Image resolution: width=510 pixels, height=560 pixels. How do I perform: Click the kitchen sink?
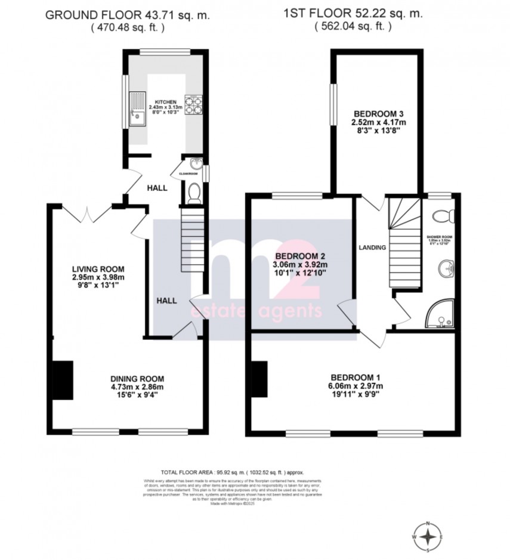click(x=138, y=110)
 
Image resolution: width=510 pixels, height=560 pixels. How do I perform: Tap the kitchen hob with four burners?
click(x=193, y=105)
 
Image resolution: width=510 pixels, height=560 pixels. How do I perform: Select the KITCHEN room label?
click(x=166, y=101)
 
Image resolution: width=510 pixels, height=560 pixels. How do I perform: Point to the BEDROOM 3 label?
click(x=376, y=114)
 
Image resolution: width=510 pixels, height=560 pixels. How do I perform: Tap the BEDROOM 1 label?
click(x=355, y=377)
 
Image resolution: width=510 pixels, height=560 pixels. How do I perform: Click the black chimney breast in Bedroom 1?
click(x=259, y=379)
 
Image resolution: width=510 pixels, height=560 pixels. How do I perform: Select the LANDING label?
click(x=372, y=247)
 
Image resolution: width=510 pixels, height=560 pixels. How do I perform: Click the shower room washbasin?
click(x=446, y=268)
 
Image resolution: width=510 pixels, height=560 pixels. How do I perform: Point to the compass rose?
click(x=428, y=537)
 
